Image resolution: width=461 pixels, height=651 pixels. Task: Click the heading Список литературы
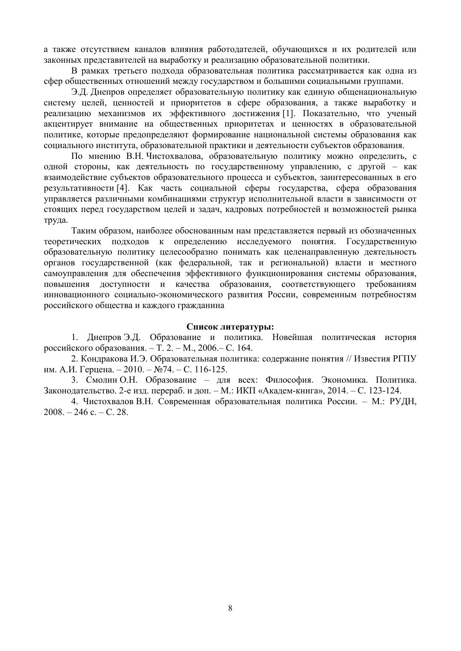click(x=230, y=327)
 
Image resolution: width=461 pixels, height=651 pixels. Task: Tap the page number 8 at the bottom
click(x=230, y=608)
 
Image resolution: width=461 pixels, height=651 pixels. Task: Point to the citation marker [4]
click(x=122, y=188)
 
